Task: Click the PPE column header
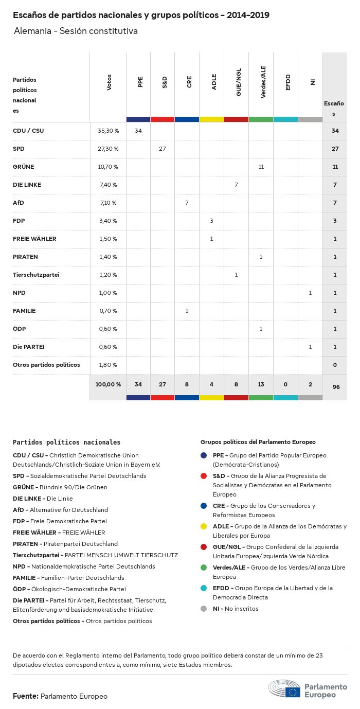[x=140, y=82]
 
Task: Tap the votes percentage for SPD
[x=108, y=149]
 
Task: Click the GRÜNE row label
[x=24, y=167]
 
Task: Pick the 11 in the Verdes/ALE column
[x=261, y=167]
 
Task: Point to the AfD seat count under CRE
[x=187, y=203]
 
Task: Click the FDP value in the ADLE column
[x=211, y=221]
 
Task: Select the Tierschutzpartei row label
[x=36, y=275]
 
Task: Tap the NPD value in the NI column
[x=310, y=293]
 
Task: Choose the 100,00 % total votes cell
[x=108, y=384]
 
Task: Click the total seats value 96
[x=335, y=386]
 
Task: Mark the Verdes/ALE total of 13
[x=261, y=384]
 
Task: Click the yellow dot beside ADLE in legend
[x=204, y=526]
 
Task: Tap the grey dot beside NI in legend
[x=204, y=609]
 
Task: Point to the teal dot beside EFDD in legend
[x=204, y=588]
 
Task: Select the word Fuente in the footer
[x=25, y=696]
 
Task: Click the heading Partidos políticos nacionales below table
[x=66, y=442]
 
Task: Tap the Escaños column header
[x=334, y=108]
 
